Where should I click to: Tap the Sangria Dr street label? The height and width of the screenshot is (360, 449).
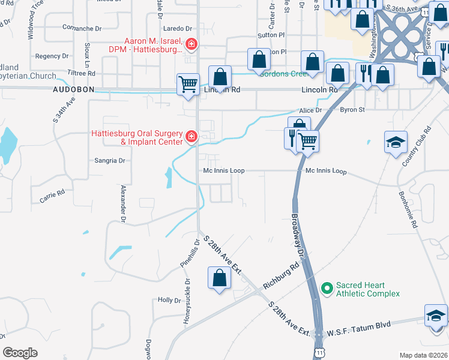pos(110,161)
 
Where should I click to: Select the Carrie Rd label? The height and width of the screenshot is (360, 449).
pos(52,196)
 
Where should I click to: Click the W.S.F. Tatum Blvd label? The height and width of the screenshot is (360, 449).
pos(359,325)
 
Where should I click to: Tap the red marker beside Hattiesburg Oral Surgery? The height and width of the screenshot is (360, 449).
pos(191,137)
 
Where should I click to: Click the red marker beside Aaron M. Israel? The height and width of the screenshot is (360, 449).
pos(191,43)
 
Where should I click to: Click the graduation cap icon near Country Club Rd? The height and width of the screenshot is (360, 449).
pos(396,142)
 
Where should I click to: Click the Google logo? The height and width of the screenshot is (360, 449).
pos(20,352)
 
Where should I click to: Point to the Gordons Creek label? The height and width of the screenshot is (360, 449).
pos(283,74)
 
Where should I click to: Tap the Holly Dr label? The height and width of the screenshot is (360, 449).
pos(169,300)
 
